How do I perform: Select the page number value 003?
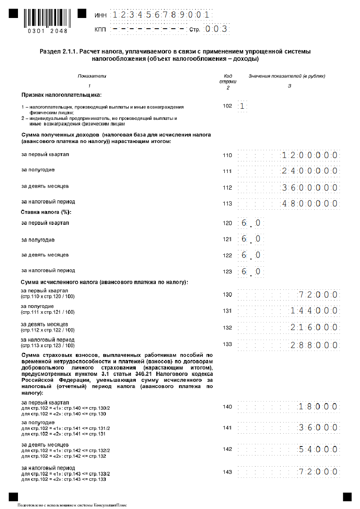215,30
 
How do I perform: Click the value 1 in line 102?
242,106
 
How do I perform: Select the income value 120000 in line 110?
310,155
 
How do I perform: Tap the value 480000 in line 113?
310,204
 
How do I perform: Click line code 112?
227,188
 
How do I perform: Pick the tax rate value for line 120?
250,223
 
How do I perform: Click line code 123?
227,271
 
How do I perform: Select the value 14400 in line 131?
315,311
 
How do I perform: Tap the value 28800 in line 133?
315,344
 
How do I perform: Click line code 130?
227,295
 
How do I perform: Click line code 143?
227,472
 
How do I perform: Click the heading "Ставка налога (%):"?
46,212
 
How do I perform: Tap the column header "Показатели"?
92,76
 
